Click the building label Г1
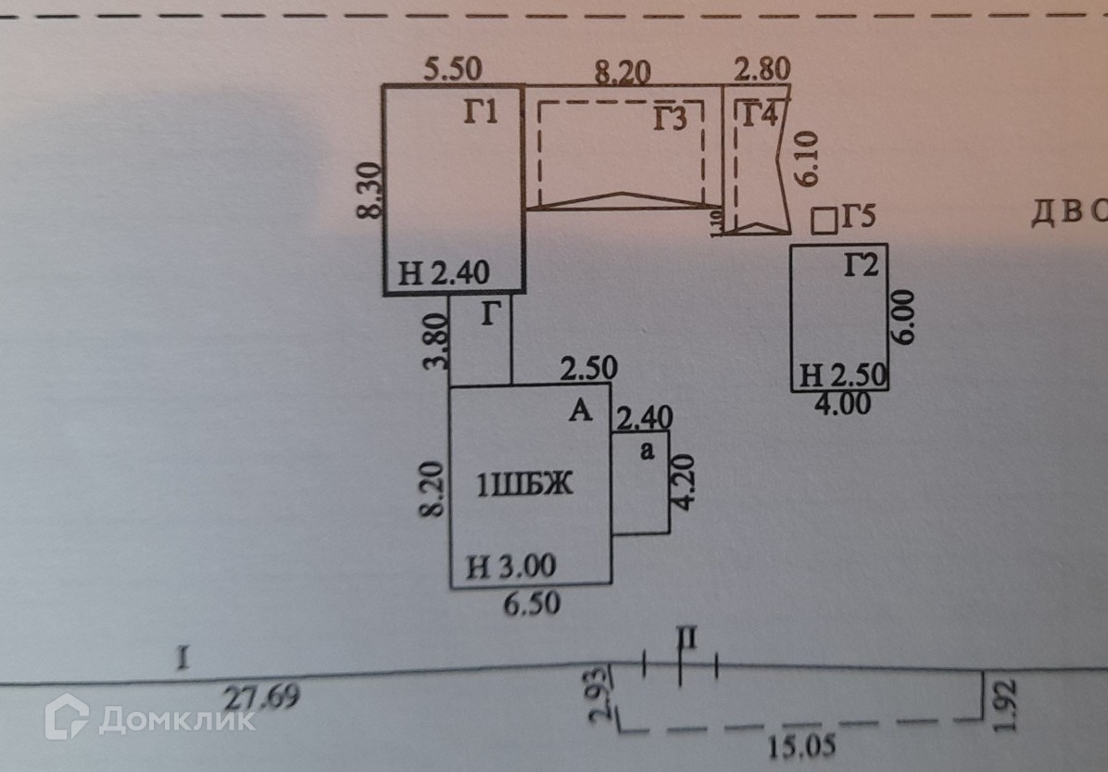click(481, 114)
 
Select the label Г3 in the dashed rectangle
click(674, 120)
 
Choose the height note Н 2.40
click(444, 273)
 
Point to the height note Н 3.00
click(510, 565)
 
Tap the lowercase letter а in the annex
click(648, 450)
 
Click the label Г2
click(860, 266)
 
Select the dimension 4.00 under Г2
click(840, 404)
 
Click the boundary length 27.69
click(262, 696)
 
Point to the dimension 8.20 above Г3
click(623, 70)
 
